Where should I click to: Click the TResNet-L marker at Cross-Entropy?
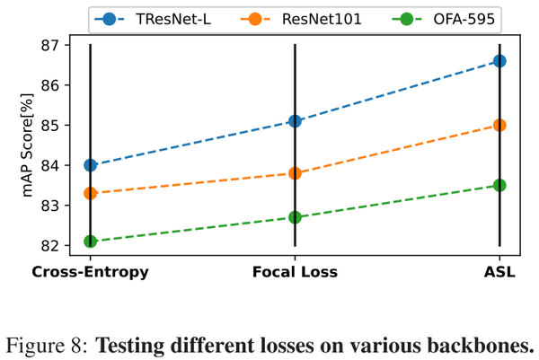click(90, 165)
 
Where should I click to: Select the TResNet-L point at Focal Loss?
click(295, 121)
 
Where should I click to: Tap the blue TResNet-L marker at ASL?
click(499, 61)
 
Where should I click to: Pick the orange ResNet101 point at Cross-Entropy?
click(90, 193)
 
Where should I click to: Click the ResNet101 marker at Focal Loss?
click(295, 173)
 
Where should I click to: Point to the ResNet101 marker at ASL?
click(499, 125)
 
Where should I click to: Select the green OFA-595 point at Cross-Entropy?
click(90, 241)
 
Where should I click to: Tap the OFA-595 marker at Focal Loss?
click(295, 217)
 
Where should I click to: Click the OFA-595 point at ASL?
click(499, 185)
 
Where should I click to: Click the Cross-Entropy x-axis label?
click(90, 272)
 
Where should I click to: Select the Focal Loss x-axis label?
click(295, 272)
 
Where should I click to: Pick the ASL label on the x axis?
click(499, 272)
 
